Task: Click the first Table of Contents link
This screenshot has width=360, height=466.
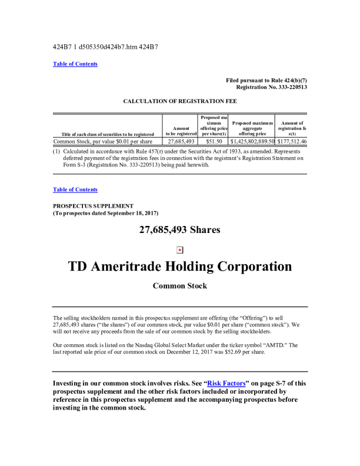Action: point(75,64)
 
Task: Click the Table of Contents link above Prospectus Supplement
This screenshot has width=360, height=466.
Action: point(75,189)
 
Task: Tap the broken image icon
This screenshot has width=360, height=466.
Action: point(180,249)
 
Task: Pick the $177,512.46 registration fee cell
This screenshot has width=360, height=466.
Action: point(292,142)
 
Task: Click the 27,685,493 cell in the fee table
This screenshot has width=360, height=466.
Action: point(181,142)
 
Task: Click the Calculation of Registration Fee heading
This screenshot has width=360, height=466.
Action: point(180,101)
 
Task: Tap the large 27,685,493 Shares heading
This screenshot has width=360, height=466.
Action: point(180,230)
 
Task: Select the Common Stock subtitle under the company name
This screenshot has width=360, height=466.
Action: point(180,287)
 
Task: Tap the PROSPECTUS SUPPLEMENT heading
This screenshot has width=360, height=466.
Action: point(93,206)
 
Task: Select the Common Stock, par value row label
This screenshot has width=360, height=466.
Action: point(103,142)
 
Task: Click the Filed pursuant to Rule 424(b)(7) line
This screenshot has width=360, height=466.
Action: point(266,80)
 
